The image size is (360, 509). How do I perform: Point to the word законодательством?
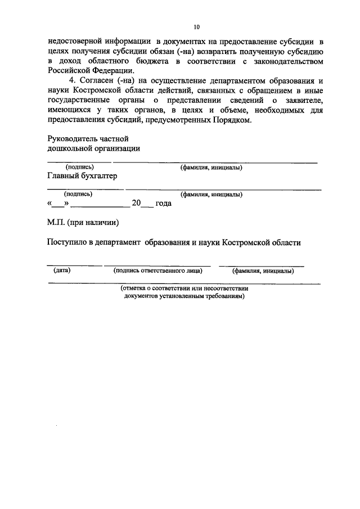tap(289, 61)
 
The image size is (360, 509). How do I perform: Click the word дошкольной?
tap(70, 148)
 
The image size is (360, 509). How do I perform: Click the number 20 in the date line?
tap(136, 204)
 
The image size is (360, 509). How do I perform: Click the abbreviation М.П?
tap(57, 223)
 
